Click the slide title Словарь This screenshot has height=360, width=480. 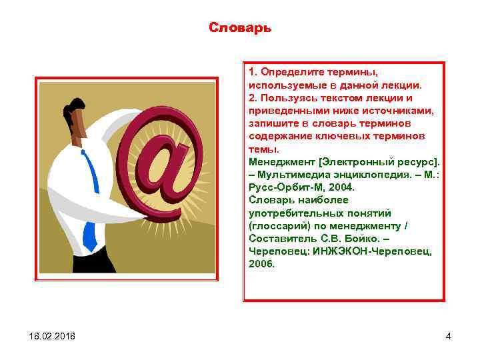tap(239, 28)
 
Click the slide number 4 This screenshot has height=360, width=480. tap(448, 336)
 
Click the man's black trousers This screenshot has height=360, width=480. tap(93, 260)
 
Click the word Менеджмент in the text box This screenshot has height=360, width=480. tap(280, 162)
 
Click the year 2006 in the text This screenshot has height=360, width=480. tap(261, 264)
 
